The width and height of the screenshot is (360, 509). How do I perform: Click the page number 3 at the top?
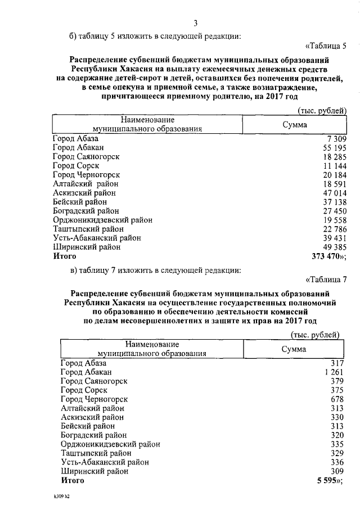[x=196, y=23]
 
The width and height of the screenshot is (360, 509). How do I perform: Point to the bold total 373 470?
[x=328, y=255]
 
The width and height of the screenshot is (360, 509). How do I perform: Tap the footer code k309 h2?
[x=57, y=497]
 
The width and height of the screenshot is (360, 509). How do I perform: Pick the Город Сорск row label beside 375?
[x=83, y=390]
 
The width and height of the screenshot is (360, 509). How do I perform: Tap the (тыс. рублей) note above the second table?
[x=314, y=335]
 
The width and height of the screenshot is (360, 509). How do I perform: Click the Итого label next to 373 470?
[x=65, y=255]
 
